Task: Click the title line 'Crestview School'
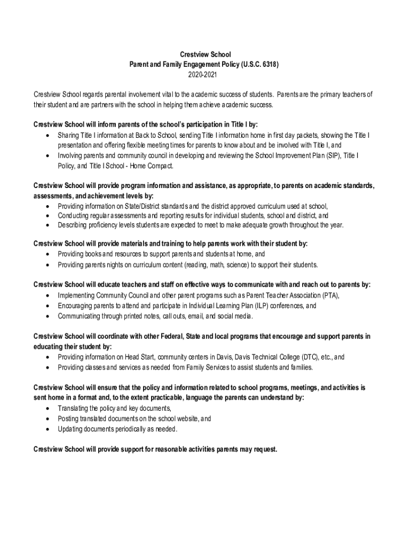[x=205, y=54]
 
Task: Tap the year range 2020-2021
[x=205, y=74]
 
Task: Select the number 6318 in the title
[x=265, y=64]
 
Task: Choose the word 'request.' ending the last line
[x=263, y=449]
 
